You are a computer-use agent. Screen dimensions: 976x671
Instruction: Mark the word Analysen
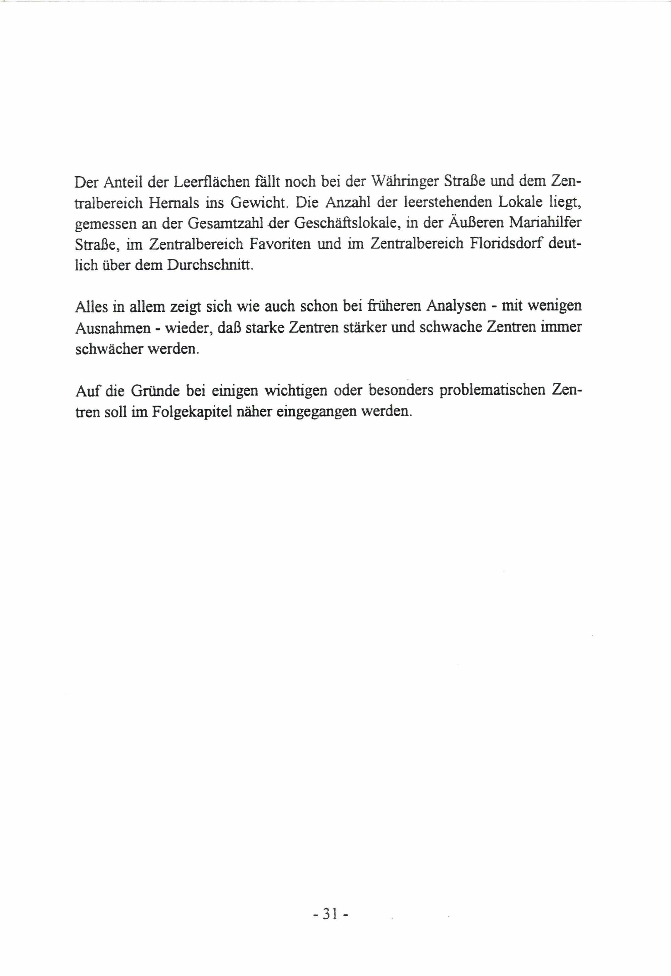(x=455, y=306)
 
